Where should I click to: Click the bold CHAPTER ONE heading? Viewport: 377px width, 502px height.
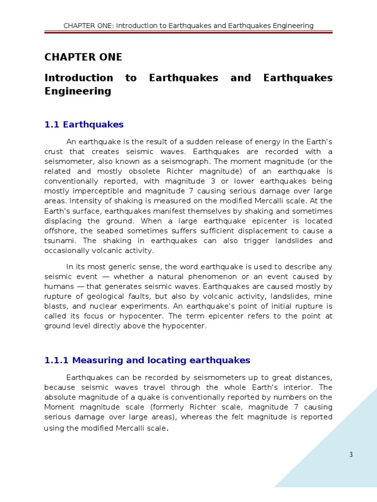click(83, 57)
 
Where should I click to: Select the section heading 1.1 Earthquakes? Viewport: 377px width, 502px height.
click(84, 125)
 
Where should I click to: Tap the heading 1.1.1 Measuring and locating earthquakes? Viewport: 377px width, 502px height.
click(147, 360)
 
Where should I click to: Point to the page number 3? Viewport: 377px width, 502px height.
click(351, 454)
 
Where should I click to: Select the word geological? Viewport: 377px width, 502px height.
click(109, 297)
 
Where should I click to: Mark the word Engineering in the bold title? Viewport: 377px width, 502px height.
click(78, 91)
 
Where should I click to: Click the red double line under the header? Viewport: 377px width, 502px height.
click(188, 33)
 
